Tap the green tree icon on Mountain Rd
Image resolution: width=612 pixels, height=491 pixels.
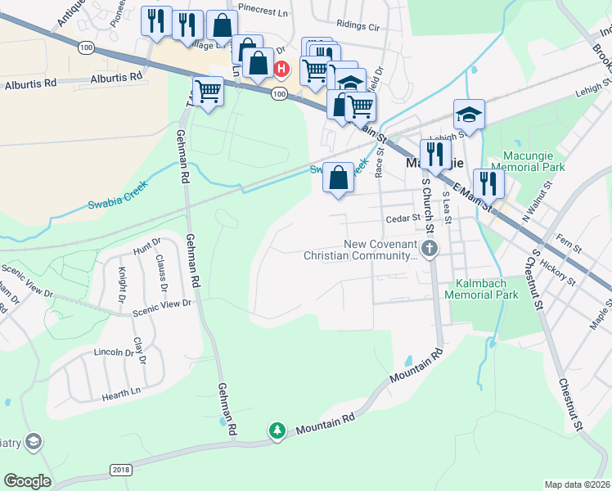(277, 430)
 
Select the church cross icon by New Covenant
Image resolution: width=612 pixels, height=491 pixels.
(430, 248)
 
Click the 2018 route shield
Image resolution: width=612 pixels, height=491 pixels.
(120, 469)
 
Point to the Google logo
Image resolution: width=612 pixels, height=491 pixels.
(27, 481)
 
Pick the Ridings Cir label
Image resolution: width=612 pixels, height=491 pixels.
(359, 27)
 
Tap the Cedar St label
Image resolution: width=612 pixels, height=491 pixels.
(403, 218)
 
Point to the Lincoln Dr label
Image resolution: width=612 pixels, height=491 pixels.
(114, 353)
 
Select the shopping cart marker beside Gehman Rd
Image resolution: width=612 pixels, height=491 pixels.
(209, 90)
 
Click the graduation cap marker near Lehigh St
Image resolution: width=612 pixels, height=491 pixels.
(469, 114)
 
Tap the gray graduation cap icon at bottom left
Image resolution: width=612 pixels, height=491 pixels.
(33, 443)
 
